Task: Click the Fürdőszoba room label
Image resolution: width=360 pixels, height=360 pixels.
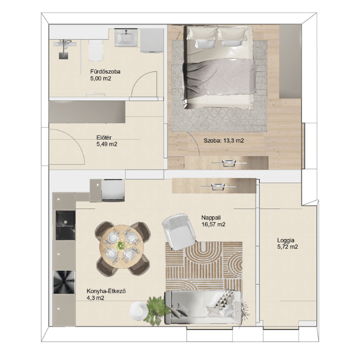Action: point(105,71)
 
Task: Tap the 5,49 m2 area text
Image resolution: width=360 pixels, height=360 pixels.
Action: point(107,145)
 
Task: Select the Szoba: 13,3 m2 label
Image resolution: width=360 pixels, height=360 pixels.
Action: point(224,140)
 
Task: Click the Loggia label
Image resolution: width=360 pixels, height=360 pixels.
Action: point(286,241)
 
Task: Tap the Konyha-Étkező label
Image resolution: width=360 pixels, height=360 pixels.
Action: point(106,291)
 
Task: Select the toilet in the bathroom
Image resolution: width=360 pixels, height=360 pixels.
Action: point(96,50)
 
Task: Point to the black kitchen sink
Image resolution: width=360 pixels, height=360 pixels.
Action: point(65,226)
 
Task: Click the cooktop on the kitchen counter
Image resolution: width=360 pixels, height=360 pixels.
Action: point(64,282)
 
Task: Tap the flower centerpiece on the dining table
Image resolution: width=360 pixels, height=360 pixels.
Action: point(121,245)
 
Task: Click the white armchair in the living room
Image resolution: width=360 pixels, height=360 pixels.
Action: point(179,232)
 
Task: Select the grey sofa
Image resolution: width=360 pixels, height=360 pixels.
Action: point(203,307)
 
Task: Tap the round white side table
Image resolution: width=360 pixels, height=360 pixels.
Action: point(137,310)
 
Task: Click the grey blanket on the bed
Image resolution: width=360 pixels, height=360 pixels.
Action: point(219,79)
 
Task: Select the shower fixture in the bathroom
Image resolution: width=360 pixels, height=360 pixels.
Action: point(64,49)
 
